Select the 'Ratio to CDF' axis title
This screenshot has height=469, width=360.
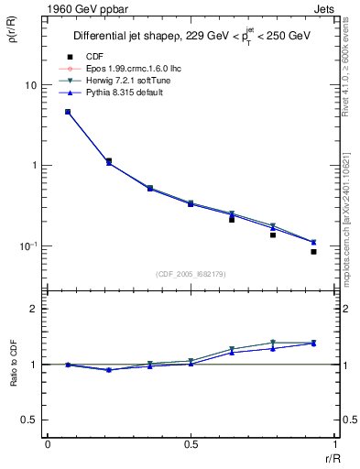pyautogui.click(x=13, y=364)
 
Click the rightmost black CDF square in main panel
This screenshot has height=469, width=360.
pyautogui.click(x=313, y=251)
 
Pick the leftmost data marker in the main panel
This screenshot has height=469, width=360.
pyautogui.click(x=68, y=112)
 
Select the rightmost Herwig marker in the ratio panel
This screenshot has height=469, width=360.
pyautogui.click(x=313, y=343)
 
